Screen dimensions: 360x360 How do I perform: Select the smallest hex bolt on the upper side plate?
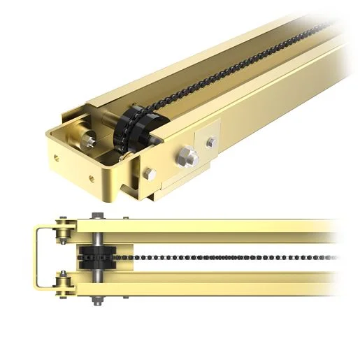(x=210, y=143)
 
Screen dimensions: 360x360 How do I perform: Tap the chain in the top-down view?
(x=210, y=257)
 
